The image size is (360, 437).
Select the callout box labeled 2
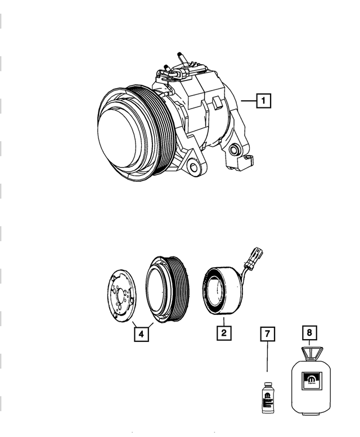(223, 334)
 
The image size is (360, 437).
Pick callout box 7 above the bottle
(267, 334)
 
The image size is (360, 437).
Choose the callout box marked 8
(309, 333)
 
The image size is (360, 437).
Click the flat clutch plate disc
(121, 295)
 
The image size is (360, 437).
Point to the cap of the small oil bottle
(267, 382)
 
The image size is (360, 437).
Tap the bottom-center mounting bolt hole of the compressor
(193, 168)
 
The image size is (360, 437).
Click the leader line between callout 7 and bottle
(267, 360)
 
